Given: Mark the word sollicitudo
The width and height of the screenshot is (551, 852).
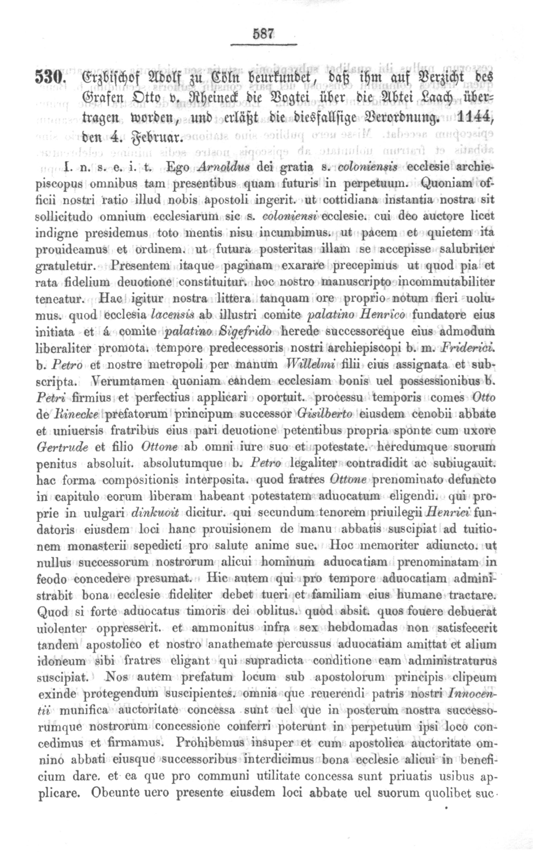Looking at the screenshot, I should click(65, 217).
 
